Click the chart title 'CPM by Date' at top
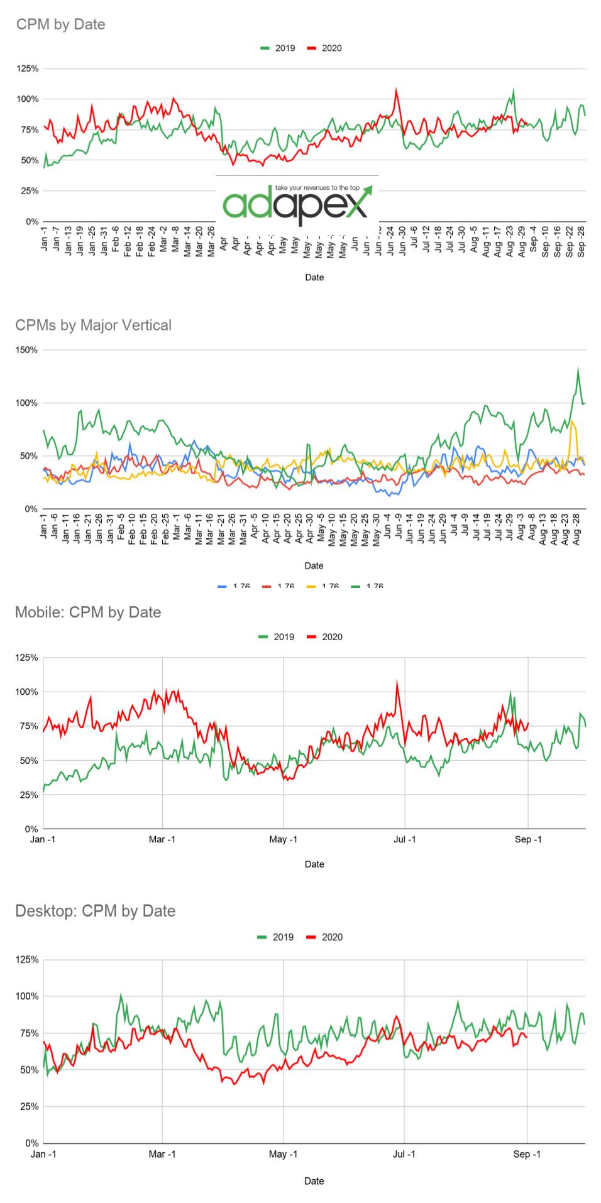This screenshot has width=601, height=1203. (60, 24)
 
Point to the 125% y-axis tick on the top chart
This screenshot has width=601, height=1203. (27, 68)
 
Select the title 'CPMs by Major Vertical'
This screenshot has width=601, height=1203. (93, 325)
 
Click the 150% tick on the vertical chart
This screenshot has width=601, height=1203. (27, 350)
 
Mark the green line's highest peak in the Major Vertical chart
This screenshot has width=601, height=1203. (578, 369)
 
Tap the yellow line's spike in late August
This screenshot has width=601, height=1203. (572, 423)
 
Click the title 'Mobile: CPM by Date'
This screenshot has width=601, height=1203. (88, 612)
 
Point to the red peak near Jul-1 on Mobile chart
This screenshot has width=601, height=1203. (397, 682)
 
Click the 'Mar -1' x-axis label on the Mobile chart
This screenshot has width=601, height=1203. (162, 839)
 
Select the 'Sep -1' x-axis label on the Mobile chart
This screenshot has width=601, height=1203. (528, 839)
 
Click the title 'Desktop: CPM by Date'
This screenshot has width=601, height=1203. (95, 911)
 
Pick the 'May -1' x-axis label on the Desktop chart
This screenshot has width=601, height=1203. (283, 1154)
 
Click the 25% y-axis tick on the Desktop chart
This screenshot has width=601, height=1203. (29, 1106)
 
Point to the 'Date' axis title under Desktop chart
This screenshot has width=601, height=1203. (314, 1181)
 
